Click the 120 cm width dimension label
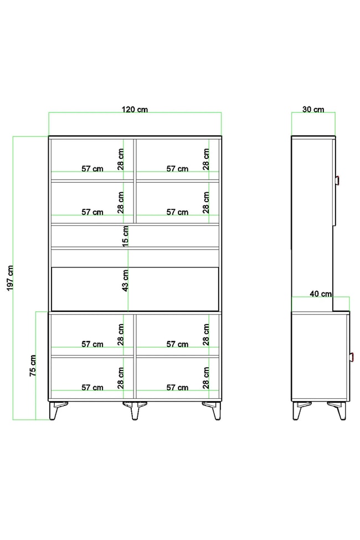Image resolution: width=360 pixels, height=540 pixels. [135, 110]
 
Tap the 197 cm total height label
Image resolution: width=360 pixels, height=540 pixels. [10, 278]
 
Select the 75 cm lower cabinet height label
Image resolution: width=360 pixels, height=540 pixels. [33, 366]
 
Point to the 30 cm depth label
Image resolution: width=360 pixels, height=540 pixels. [313, 110]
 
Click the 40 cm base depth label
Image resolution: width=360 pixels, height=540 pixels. [321, 294]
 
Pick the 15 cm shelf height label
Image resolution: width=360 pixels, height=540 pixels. [125, 236]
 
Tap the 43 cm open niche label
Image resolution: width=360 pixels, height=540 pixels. [125, 280]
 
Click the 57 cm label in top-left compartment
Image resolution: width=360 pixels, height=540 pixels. [92, 169]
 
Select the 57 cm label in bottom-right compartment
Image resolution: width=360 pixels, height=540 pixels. [177, 388]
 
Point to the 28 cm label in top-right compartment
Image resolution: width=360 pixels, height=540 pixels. [206, 159]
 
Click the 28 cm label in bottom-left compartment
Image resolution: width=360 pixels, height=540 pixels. [121, 378]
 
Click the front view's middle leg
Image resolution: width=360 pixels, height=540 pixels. [135, 410]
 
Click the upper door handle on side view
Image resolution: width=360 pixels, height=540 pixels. [338, 181]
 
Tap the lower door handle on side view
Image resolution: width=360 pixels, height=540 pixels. [352, 357]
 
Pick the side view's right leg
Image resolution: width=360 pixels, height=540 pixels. [338, 410]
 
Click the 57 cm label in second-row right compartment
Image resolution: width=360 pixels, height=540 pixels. [177, 212]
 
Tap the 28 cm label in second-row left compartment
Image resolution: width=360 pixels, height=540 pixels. [121, 203]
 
